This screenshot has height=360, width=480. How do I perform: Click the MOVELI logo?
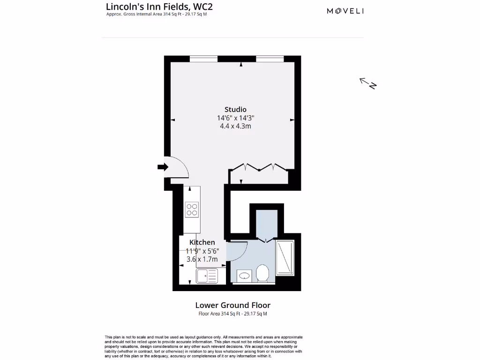point(345,11)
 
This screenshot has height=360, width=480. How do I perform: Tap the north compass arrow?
point(368,83)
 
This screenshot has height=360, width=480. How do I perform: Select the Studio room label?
point(235,110)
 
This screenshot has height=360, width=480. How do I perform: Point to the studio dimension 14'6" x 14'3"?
point(235,118)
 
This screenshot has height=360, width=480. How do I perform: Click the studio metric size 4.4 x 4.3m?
point(235,126)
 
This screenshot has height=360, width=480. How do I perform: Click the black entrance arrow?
point(163,167)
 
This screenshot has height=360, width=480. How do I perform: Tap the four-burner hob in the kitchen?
point(191,209)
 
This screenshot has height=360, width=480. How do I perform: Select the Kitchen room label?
point(202,242)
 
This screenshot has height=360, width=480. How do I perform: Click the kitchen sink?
point(207,276)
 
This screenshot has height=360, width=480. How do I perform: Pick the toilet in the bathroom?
point(262,273)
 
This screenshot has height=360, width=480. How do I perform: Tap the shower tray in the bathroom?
point(285,258)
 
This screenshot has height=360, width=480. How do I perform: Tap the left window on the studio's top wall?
point(203,59)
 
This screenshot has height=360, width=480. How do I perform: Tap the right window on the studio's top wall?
point(270,59)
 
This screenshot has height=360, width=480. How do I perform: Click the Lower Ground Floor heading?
point(233,306)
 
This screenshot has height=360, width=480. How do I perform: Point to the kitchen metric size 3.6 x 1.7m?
point(202,258)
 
